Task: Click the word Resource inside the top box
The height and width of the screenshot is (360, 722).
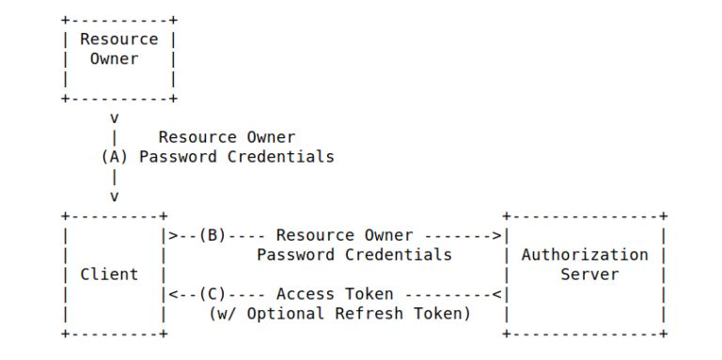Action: click(118, 39)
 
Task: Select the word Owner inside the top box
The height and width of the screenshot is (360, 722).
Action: click(114, 58)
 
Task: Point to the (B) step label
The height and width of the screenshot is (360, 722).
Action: click(212, 235)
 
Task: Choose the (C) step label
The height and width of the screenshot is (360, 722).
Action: click(212, 294)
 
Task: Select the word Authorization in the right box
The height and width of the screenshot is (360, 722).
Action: click(585, 255)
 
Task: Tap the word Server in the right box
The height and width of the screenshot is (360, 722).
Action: click(589, 274)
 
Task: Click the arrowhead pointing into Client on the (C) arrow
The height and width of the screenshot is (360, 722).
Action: click(168, 294)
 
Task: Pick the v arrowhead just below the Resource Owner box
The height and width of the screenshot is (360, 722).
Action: click(114, 118)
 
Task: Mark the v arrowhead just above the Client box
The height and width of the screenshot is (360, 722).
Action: click(114, 196)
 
